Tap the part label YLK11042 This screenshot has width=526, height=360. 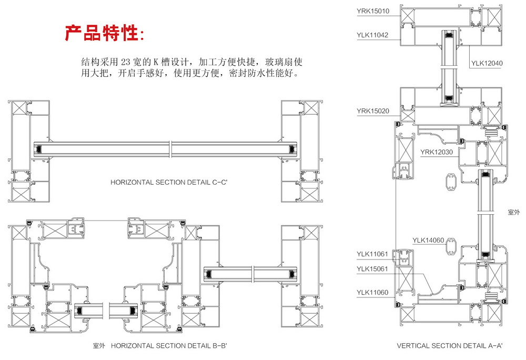pyautogui.click(x=372, y=35)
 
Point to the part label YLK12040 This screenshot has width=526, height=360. pyautogui.click(x=487, y=63)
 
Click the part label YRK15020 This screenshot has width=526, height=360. pyautogui.click(x=372, y=111)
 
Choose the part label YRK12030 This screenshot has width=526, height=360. pyautogui.click(x=436, y=153)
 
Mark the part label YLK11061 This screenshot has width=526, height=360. pyautogui.click(x=372, y=254)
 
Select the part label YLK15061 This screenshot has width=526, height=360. pyautogui.click(x=372, y=269)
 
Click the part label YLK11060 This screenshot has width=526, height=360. pyautogui.click(x=372, y=293)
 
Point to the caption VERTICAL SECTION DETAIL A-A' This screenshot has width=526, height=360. pyautogui.click(x=450, y=346)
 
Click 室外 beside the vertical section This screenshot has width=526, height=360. pyautogui.click(x=514, y=212)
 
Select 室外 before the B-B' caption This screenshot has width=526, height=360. pyautogui.click(x=99, y=346)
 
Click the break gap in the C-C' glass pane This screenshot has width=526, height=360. pyautogui.click(x=170, y=149)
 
